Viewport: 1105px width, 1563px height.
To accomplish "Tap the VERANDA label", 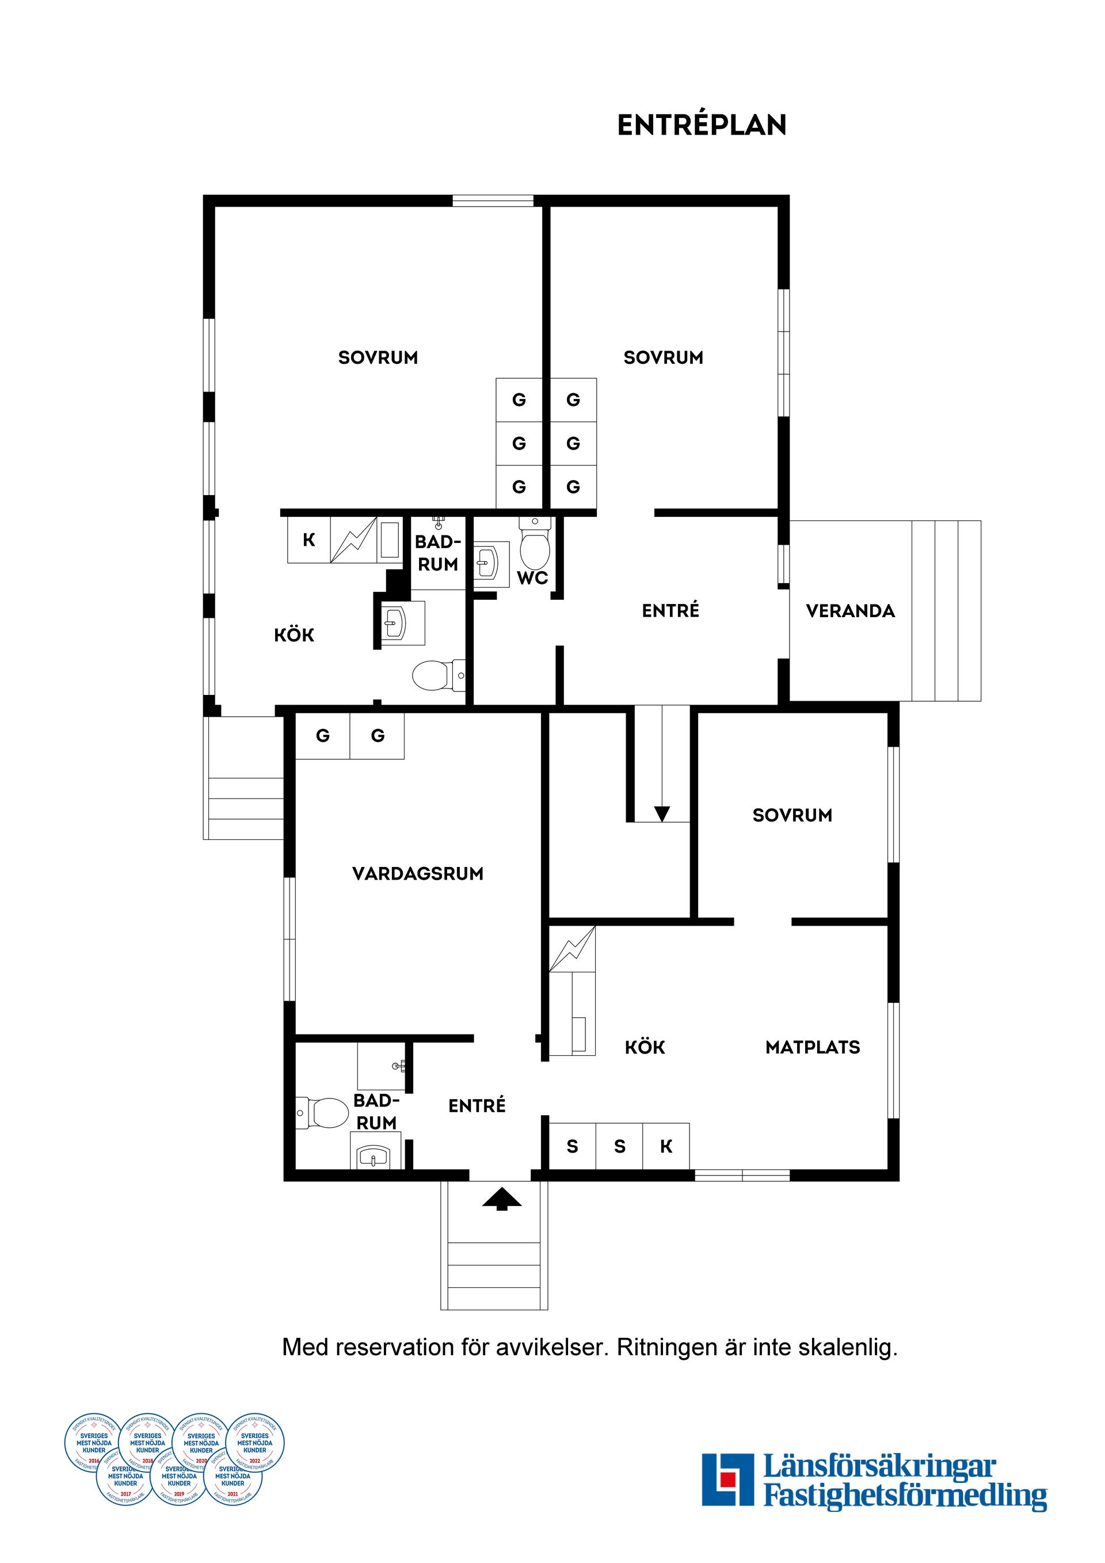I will pos(850,611).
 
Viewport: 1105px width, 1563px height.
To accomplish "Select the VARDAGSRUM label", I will pos(417,873).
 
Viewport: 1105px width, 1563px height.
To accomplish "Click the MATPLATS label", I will pos(813,1047).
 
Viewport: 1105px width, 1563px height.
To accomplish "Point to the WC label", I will pos(532,578).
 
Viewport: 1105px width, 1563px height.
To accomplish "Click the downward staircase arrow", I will pos(661,813).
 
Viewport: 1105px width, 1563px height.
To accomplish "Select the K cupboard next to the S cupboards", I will pos(666,1146).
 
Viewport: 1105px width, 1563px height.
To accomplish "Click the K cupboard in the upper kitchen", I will pos(309,540).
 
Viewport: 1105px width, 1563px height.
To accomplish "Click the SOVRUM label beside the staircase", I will pos(792,815).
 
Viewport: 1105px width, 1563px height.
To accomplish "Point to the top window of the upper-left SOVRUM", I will pos(493,200).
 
